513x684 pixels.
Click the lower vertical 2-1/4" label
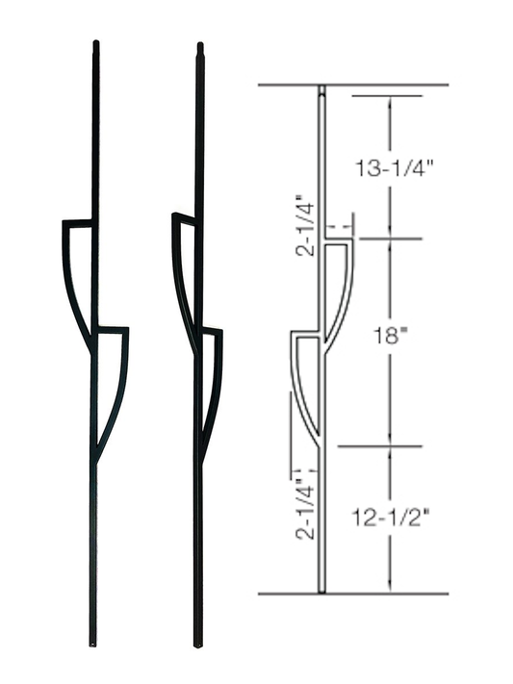[304, 503]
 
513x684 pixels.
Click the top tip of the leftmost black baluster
[95, 43]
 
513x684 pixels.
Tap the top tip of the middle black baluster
[199, 46]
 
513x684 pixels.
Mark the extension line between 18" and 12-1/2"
[379, 446]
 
